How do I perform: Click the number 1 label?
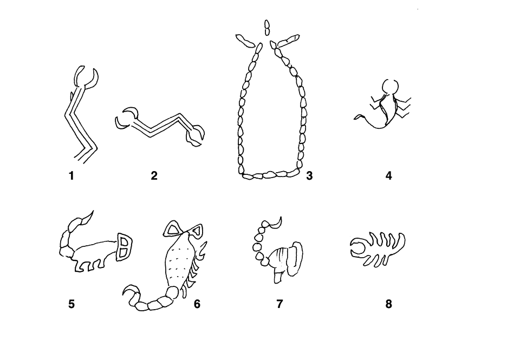71,176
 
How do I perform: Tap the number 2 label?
154,176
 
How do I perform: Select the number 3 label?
309,176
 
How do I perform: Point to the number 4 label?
389,176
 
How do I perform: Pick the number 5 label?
71,304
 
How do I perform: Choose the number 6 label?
197,304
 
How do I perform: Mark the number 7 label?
279,304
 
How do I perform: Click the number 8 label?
389,304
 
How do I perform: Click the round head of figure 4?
389,87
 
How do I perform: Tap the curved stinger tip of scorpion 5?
89,216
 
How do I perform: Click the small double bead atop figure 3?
267,27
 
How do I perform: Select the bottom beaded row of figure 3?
269,175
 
